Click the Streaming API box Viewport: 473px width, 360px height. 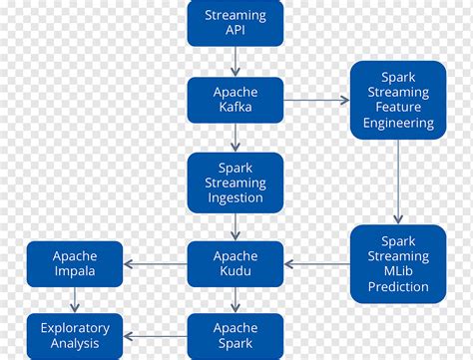click(236, 23)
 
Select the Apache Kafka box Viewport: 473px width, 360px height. click(236, 100)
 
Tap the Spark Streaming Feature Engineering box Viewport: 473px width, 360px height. click(397, 100)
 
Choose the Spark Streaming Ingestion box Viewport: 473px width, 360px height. click(236, 183)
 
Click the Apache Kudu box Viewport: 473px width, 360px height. click(236, 264)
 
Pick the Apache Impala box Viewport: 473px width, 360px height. click(75, 264)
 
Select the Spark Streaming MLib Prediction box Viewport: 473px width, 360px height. click(397, 264)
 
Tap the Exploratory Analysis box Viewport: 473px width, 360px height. click(75, 335)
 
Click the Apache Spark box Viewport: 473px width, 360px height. click(236, 335)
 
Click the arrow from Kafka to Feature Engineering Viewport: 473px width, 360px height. click(316, 100)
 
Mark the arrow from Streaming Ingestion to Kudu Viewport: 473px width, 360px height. click(236, 226)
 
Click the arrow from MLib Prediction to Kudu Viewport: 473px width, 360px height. click(316, 264)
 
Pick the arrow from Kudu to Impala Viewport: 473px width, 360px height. click(155, 264)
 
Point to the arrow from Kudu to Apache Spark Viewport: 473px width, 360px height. click(236, 300)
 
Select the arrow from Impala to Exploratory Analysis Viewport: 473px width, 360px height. click(75, 300)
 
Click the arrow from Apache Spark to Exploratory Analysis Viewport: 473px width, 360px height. click(155, 335)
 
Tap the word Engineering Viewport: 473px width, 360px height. click(397, 124)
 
